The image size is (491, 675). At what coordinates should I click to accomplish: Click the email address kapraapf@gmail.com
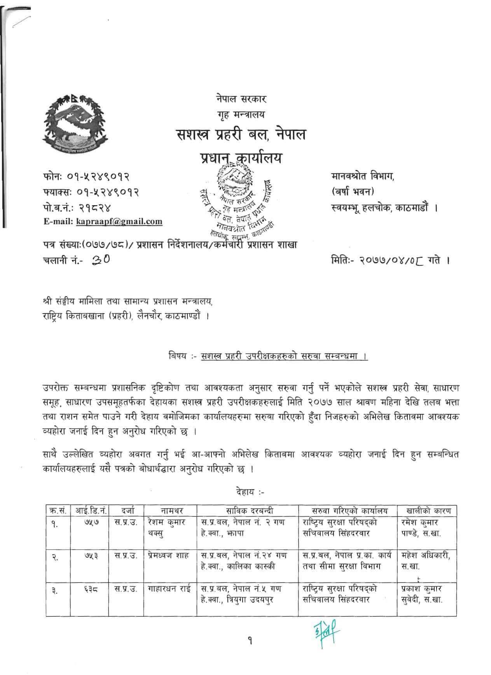(x=119, y=222)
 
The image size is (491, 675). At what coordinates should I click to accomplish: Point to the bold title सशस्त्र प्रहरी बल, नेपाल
(x=240, y=135)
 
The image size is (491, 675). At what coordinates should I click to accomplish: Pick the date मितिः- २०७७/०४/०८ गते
(x=389, y=260)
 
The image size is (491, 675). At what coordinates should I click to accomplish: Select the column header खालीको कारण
(x=427, y=510)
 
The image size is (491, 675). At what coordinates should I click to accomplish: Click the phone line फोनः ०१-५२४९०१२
(x=86, y=177)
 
